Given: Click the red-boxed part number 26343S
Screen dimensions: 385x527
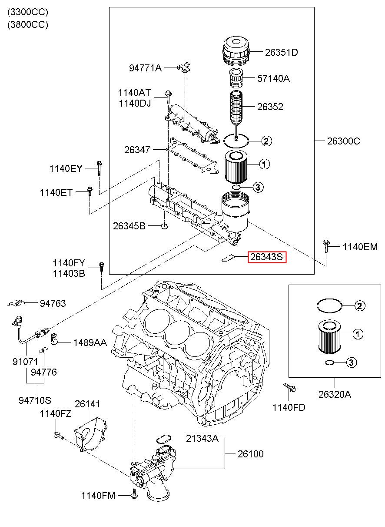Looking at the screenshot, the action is pos(267,257).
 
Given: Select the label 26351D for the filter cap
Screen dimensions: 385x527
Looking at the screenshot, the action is pos(282,52).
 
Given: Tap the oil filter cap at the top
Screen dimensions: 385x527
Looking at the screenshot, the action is pos(236,50).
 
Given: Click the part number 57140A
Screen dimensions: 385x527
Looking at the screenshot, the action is pos(273,78).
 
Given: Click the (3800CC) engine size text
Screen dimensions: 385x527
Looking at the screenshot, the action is pos(28,24).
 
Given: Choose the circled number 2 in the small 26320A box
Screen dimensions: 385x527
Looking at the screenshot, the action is pos(359,306).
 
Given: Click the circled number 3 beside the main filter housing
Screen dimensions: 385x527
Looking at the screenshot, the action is pos(258,187).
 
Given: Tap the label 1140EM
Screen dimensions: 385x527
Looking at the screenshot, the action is pos(360,247).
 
